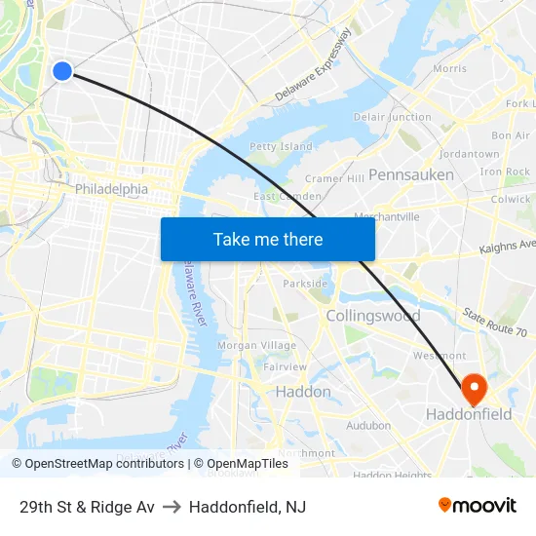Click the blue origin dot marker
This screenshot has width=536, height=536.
pos(62,70)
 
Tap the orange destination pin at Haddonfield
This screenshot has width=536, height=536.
pos(474,389)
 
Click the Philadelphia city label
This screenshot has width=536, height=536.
pos(112,189)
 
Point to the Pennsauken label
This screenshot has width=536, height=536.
pos(411,174)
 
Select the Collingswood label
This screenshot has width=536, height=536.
pos(373,316)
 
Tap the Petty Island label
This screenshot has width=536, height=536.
pos(282,147)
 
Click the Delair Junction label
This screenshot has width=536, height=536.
pos(393,117)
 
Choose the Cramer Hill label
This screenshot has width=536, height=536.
pos(334,179)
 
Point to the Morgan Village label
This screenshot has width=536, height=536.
pos(243,346)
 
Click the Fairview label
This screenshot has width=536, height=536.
pos(285,367)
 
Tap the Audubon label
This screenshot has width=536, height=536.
pos(368,425)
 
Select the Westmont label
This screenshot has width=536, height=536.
pos(440,356)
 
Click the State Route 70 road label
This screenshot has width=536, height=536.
pos(495,323)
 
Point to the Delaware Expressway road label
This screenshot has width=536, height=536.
pos(313,65)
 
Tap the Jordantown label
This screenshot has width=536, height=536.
pos(470,154)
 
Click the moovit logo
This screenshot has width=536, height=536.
pos(478,506)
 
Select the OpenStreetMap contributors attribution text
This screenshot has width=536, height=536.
pos(103,464)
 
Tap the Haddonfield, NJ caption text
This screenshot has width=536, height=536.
pos(248,507)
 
